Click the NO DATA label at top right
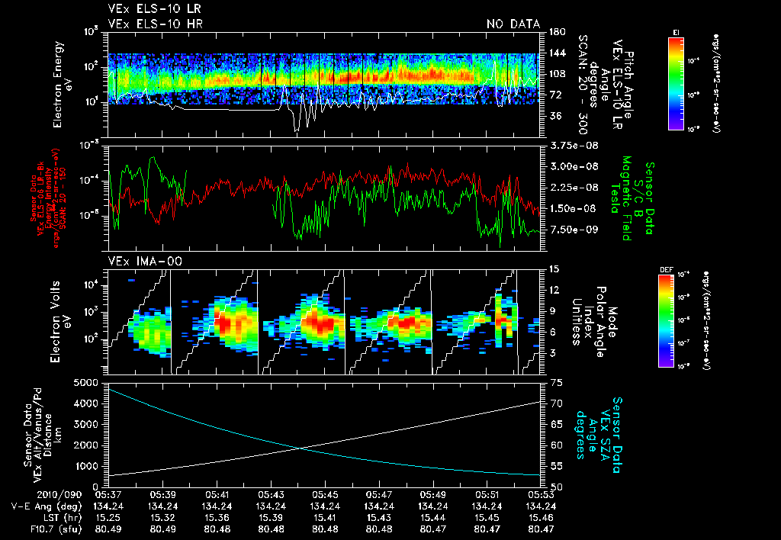(x=513, y=24)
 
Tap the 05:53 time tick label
(x=541, y=493)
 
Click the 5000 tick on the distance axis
(x=89, y=382)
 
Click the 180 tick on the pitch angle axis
(x=556, y=32)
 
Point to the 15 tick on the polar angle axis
(x=554, y=269)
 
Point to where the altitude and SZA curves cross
(x=303, y=447)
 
